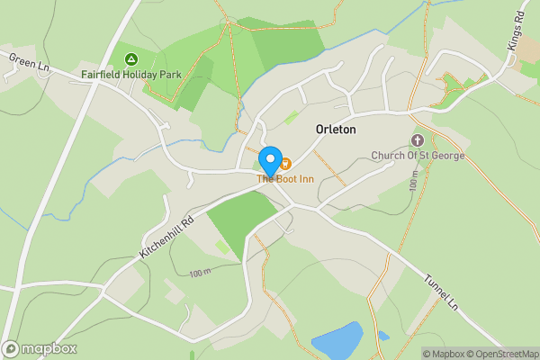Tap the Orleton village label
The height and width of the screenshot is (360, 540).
coord(336,130)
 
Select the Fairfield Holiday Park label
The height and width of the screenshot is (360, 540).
coord(130,75)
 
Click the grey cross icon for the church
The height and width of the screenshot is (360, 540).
coord(418,140)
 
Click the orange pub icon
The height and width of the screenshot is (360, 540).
coord(285,163)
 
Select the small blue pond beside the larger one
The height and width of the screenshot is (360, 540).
coord(384,336)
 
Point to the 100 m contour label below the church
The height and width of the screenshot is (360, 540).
coord(413,184)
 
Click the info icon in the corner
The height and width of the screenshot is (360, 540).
coord(414,354)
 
